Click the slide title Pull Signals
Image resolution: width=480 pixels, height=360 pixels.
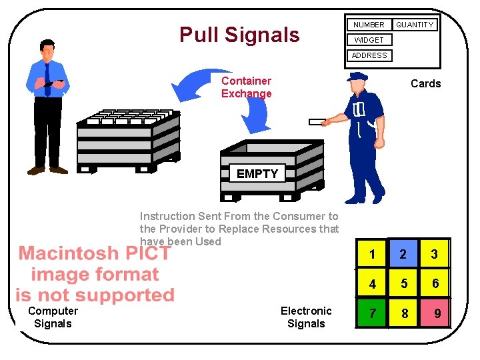pos(239,34)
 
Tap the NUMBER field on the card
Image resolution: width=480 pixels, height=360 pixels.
pos(369,25)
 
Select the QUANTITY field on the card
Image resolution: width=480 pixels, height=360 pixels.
pos(415,25)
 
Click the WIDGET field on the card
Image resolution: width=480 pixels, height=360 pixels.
pos(369,40)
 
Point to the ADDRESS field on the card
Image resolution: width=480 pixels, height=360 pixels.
pos(369,55)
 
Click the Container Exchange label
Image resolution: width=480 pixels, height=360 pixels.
pos(246,87)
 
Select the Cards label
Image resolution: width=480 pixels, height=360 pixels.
pos(425,83)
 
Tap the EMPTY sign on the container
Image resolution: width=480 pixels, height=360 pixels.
pos(257,174)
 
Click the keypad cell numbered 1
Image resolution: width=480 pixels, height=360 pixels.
pos(372,254)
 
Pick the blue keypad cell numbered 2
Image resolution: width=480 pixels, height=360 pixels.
pos(403,254)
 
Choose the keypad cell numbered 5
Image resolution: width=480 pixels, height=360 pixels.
pos(403,283)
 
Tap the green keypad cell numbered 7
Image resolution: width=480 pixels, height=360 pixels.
pos(372,313)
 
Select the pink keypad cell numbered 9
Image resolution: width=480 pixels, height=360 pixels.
pos(435,313)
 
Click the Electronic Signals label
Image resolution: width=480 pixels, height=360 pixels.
pos(306,317)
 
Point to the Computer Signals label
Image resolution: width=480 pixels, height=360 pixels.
pos(53,317)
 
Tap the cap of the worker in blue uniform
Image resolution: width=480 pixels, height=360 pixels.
pos(358,77)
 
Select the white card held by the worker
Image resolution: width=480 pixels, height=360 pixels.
pos(317,122)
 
